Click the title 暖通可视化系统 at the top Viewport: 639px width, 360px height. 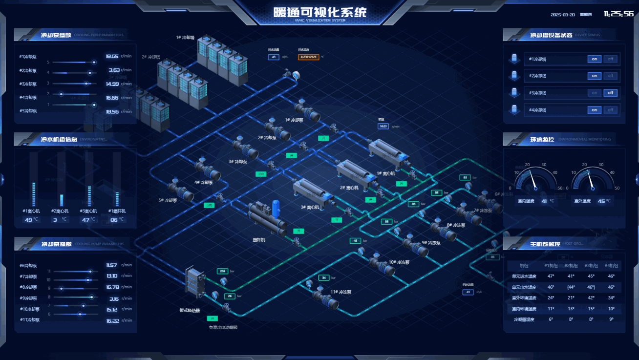point(320,12)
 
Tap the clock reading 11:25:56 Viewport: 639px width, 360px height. point(618,14)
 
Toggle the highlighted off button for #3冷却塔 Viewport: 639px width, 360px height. point(610,93)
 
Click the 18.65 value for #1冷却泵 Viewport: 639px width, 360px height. point(112,56)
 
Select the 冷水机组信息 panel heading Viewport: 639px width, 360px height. point(59,140)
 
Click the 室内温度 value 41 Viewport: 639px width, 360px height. point(544,201)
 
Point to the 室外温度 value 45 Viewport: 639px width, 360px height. point(601,201)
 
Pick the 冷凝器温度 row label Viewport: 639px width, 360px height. point(524,319)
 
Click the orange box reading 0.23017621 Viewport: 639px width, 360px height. point(308,57)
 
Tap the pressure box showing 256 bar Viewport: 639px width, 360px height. point(222,271)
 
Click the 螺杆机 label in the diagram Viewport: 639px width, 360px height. point(259,240)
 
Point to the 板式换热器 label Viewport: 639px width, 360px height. point(190,310)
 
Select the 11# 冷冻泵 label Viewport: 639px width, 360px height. point(341,292)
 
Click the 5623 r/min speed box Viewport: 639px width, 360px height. point(383,126)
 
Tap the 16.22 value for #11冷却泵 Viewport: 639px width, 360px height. point(112,321)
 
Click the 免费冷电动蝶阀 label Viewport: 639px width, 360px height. point(223,327)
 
